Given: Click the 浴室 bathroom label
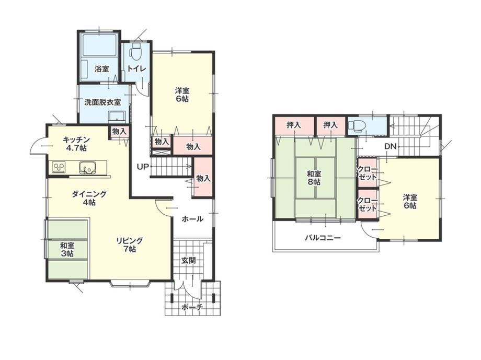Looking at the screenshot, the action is coord(101,69).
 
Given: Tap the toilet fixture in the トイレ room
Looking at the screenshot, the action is coord(135,53).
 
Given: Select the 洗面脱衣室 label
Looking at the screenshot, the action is coord(102,102).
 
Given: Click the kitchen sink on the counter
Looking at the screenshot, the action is coord(86,168).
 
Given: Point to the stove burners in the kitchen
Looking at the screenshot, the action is coord(59,167).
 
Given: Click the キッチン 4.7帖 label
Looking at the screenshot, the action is coord(76,144).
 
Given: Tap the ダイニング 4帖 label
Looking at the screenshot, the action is coord(89,198).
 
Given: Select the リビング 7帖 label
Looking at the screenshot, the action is coord(130,245).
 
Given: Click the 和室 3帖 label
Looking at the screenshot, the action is coord(67,249).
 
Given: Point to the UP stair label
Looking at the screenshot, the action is coord(143,167).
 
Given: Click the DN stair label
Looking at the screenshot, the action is coord(391,146).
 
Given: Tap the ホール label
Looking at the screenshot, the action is coord(192,219).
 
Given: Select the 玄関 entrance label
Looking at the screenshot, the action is coord(188,261).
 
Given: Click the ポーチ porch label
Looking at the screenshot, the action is coord(192,307).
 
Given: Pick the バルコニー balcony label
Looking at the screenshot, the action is coord(323,238).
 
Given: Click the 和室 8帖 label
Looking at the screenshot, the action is coord(314,178).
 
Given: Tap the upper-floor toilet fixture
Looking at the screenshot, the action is coord(357,126).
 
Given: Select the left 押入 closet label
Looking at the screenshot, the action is coord(294,125).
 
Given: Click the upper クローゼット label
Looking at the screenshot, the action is coord(367,173).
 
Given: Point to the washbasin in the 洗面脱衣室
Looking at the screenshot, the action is coord(117,117).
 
